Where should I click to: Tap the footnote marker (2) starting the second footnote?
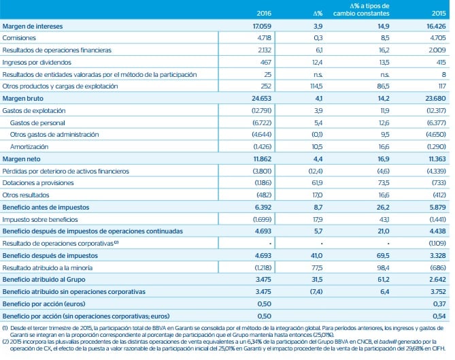[x=5, y=338]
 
